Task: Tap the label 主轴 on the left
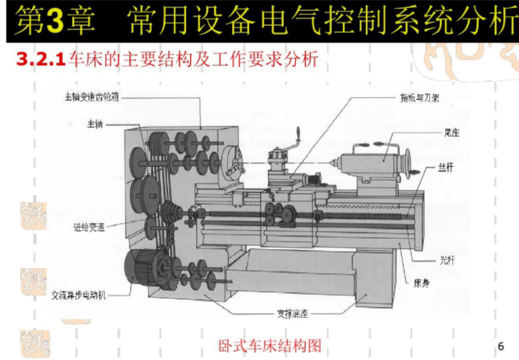click(x=95, y=124)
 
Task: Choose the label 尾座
click(x=451, y=132)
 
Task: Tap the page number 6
click(x=501, y=346)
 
